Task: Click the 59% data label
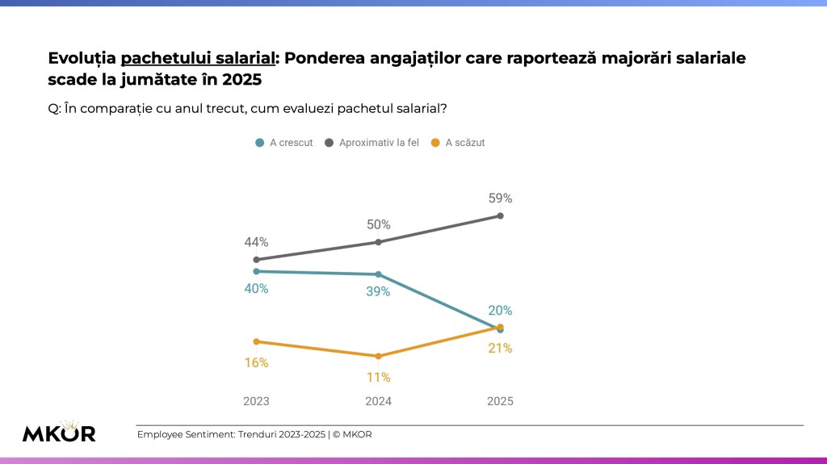tap(500, 198)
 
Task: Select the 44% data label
tap(256, 241)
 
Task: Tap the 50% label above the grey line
tap(378, 224)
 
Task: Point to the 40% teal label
tap(256, 288)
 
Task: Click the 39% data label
tap(378, 291)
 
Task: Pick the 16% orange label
tap(256, 362)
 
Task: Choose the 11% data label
tap(378, 377)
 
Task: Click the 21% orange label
tap(500, 348)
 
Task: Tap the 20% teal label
tap(500, 310)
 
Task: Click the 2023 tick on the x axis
tap(256, 401)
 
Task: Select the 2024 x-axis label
tap(378, 401)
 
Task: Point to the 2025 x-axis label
tap(500, 401)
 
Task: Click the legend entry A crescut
tap(284, 143)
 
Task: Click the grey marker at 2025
tap(501, 215)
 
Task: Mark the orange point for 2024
tap(378, 356)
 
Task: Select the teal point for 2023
tap(256, 271)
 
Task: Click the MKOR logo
tap(59, 432)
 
